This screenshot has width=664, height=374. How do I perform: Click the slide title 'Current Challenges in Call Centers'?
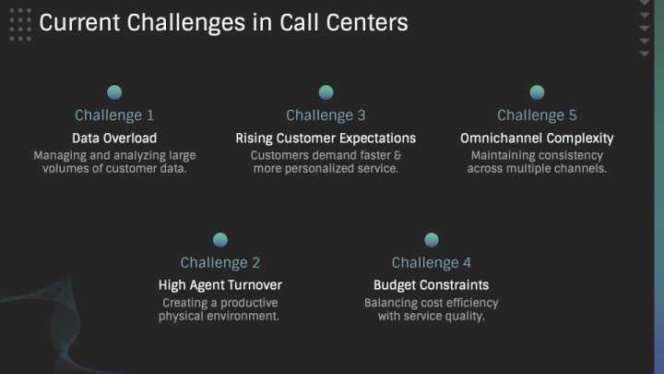(x=223, y=23)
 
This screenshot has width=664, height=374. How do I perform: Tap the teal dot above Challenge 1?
(x=114, y=92)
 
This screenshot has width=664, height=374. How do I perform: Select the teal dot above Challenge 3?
(x=326, y=92)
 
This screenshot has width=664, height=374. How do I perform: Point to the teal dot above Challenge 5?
(x=537, y=92)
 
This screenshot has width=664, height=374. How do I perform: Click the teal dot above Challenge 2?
(x=220, y=240)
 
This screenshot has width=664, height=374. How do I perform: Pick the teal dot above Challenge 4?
(x=432, y=240)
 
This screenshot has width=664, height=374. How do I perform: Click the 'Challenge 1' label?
(x=114, y=115)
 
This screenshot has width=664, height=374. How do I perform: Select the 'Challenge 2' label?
(x=220, y=263)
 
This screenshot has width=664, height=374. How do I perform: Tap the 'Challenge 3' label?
(x=326, y=115)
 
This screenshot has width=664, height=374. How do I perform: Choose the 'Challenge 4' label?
(x=431, y=263)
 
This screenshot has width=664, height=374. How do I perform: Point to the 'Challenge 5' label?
(x=537, y=115)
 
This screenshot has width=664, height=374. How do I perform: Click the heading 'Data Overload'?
(x=114, y=139)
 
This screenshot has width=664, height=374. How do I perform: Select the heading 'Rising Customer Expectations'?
(x=326, y=139)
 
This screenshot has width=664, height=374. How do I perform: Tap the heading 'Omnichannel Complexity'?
(x=537, y=139)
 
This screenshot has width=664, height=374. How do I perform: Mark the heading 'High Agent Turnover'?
(x=220, y=285)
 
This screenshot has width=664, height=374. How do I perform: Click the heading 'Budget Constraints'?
(x=431, y=285)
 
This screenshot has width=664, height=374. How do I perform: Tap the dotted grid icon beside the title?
(x=20, y=25)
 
